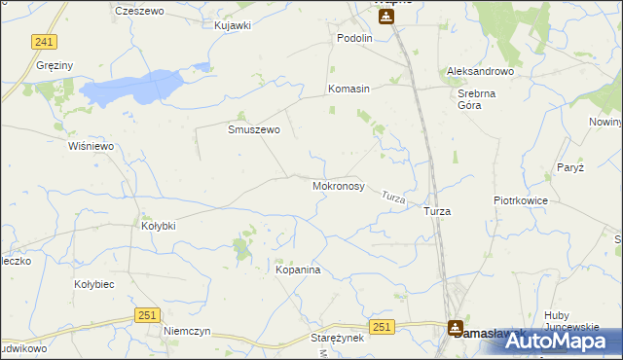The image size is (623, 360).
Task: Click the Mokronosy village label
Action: pyautogui.click(x=338, y=185)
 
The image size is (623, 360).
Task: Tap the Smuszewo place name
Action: pyautogui.click(x=254, y=129)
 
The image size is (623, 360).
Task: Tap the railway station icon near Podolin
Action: pyautogui.click(x=386, y=17)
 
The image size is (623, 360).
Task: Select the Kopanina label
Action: pyautogui.click(x=298, y=270)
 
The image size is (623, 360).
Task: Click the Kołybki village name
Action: pyautogui.click(x=159, y=226)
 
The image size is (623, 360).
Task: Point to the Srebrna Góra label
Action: pyautogui.click(x=478, y=100)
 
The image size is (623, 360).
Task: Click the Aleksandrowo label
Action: pyautogui.click(x=480, y=72)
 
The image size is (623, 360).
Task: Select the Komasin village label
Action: pyautogui.click(x=348, y=89)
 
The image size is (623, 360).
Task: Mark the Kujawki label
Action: pyautogui.click(x=233, y=25)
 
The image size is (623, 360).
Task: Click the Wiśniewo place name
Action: pyautogui.click(x=92, y=146)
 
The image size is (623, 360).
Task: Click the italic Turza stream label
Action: pyautogui.click(x=393, y=198)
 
